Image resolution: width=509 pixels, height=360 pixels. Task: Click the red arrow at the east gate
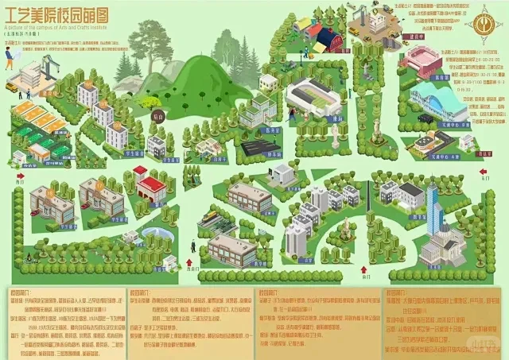point(485,170)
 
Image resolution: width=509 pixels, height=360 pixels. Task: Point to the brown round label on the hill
point(157,117)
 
